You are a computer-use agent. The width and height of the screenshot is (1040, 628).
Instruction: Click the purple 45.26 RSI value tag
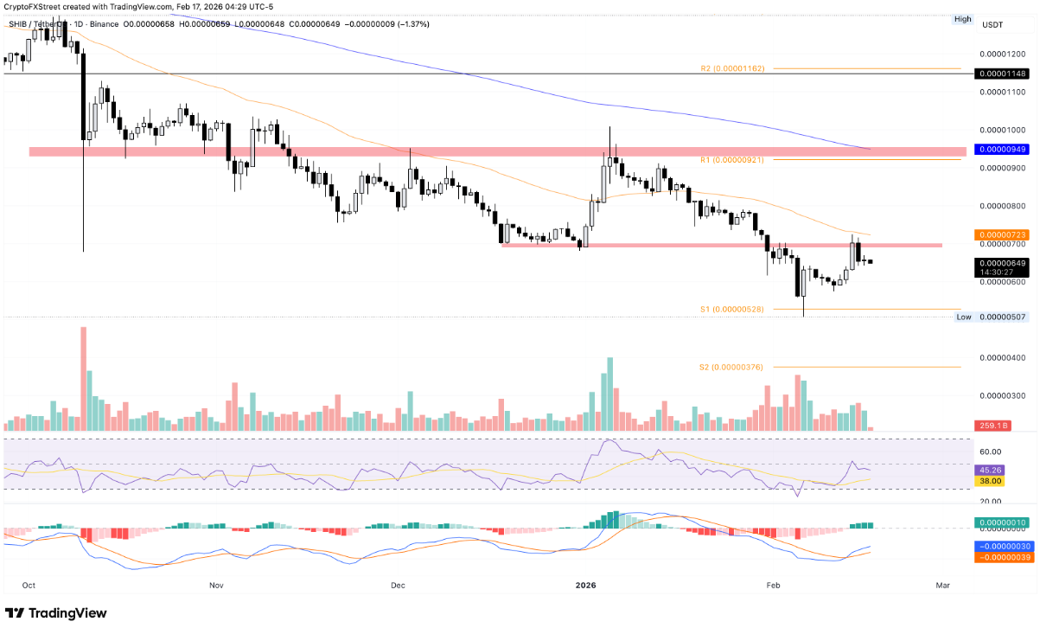click(x=991, y=469)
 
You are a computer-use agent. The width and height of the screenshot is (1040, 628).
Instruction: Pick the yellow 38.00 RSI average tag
click(x=991, y=480)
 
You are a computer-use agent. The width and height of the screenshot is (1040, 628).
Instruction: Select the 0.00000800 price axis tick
click(x=1003, y=206)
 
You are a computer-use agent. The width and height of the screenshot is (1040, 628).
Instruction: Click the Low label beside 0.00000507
click(x=963, y=317)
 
